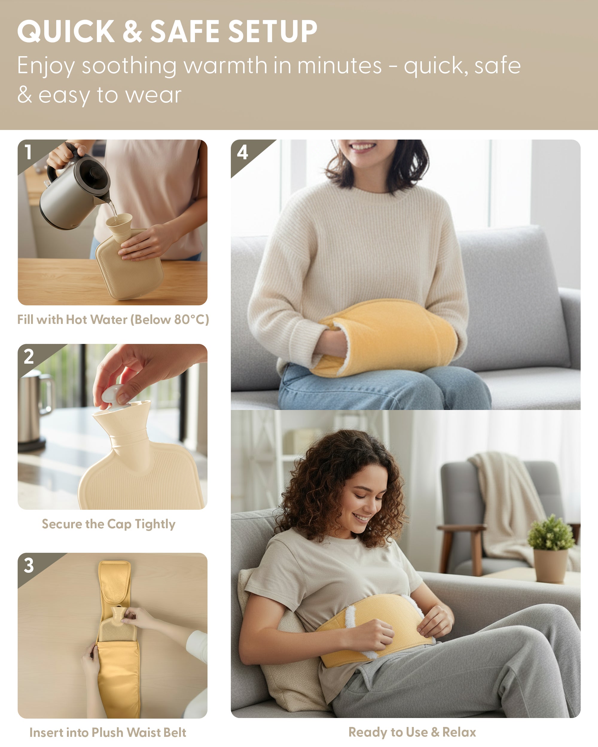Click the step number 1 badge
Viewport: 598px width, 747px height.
click(x=28, y=152)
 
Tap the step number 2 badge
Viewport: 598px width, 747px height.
click(x=29, y=356)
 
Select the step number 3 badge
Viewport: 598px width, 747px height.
click(x=29, y=565)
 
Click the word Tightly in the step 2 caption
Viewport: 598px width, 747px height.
click(x=155, y=524)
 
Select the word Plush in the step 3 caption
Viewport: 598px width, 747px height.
click(x=107, y=732)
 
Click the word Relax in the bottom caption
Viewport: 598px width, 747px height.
click(x=459, y=732)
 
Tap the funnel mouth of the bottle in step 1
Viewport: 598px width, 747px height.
click(x=119, y=220)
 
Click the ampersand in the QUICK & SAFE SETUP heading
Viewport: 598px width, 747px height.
click(x=132, y=31)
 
